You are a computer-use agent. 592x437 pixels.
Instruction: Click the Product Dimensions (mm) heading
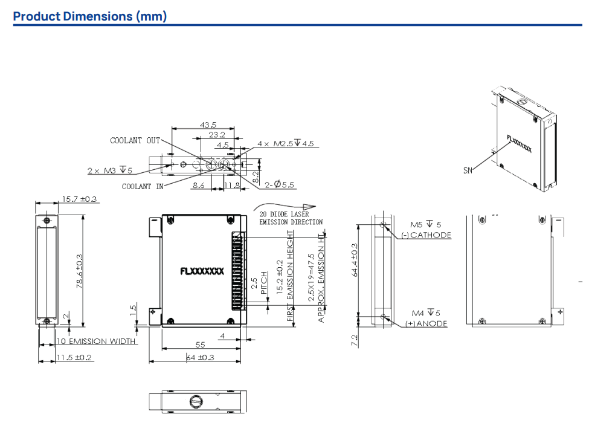[89, 16]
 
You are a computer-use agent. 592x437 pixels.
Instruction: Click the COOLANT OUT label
[135, 141]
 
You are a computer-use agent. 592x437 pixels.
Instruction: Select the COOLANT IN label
[143, 186]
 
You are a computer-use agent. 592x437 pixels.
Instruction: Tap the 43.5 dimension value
[208, 125]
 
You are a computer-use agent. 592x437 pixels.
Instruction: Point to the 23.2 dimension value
[217, 135]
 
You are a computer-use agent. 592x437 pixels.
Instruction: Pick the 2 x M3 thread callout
[109, 171]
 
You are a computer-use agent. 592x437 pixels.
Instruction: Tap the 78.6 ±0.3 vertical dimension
[80, 271]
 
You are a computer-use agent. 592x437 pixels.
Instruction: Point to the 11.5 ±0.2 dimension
[74, 357]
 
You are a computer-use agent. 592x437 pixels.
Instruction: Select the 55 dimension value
[200, 345]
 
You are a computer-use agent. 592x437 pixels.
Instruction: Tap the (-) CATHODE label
[426, 235]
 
